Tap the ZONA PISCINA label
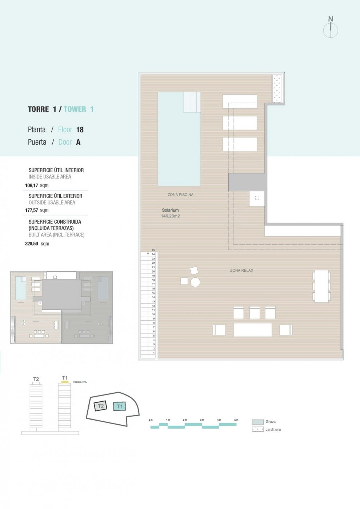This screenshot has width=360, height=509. tap(180, 195)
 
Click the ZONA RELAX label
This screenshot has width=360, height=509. tap(241, 270)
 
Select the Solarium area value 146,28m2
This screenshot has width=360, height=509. tap(170, 216)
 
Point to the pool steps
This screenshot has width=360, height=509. tap(192, 102)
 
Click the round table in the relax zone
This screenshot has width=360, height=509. tap(195, 282)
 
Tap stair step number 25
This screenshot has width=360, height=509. tap(153, 250)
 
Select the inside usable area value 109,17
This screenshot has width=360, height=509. tap(32, 185)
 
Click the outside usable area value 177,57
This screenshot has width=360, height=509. tap(32, 211)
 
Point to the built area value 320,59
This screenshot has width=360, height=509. tap(32, 244)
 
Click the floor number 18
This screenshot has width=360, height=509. tap(80, 130)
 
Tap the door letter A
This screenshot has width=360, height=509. tap(78, 142)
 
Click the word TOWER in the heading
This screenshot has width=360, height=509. tap(75, 109)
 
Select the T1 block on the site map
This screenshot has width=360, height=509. tap(120, 406)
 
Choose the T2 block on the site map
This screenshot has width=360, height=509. tap(101, 406)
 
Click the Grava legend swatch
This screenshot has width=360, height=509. tap(258, 422)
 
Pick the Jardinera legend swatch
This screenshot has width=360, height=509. tap(258, 429)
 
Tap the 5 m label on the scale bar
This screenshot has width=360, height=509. tap(236, 420)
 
